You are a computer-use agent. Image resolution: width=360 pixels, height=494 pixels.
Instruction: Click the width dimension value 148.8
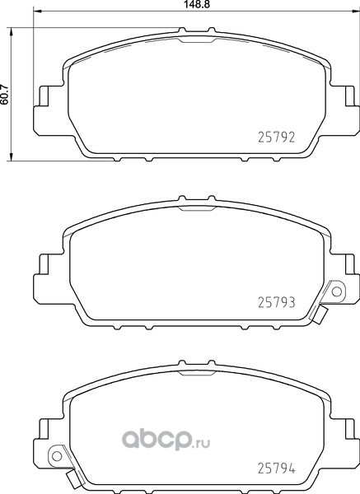click(x=198, y=4)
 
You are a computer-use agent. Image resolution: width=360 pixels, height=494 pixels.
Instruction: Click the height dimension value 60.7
click(x=4, y=94)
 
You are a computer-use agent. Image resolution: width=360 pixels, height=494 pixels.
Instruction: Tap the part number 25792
click(x=277, y=137)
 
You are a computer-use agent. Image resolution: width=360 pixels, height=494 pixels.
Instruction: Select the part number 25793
click(x=277, y=302)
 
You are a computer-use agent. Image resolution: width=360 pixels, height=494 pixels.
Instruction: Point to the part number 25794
click(x=277, y=468)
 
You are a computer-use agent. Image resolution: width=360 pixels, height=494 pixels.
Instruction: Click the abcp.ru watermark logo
click(x=166, y=440)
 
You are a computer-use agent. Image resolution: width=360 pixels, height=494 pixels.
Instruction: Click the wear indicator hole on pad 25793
click(x=337, y=291)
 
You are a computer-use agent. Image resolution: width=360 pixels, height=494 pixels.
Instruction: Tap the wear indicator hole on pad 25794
click(x=57, y=456)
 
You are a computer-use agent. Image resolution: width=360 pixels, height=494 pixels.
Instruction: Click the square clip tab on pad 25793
click(x=320, y=315)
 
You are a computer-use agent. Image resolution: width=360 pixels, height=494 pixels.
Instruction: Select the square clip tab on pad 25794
click(x=74, y=479)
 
